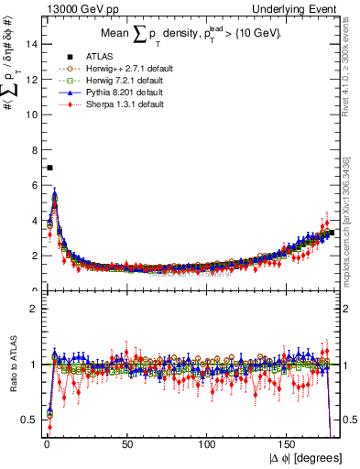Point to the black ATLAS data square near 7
(49, 168)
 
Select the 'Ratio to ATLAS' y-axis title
(12, 364)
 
